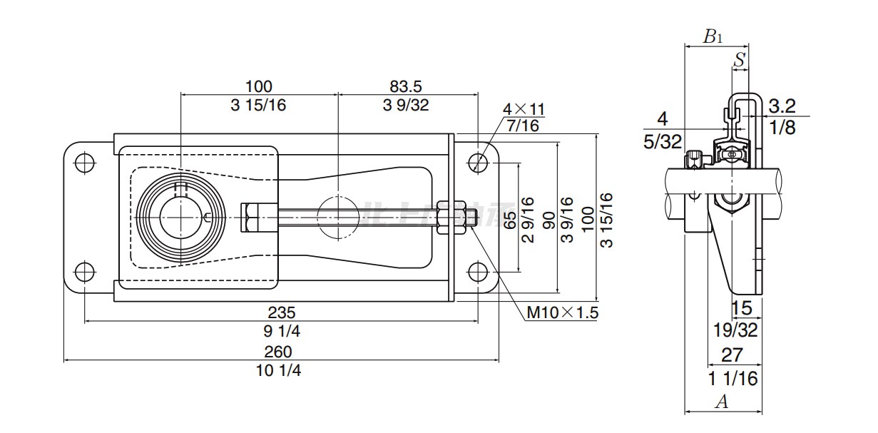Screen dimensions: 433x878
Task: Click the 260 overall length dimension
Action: point(278,352)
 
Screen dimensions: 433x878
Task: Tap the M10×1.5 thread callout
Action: point(562,312)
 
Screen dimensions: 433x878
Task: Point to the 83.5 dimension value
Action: point(406,86)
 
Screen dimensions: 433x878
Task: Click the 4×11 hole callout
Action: point(524,109)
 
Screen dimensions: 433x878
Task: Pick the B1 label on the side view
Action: point(713,37)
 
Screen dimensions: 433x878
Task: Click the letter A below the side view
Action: point(722,402)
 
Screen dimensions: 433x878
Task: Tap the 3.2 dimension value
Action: point(782,107)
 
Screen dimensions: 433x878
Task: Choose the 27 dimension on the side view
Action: point(732,355)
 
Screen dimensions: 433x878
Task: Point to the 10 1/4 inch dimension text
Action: point(278,370)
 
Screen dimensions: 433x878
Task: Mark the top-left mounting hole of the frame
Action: point(84,162)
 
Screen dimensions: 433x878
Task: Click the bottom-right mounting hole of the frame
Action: point(479,271)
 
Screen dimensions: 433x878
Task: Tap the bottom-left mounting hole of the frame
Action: point(84,271)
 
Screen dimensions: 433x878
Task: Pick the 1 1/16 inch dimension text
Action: point(732,378)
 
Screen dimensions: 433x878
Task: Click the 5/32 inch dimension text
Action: point(663,142)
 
